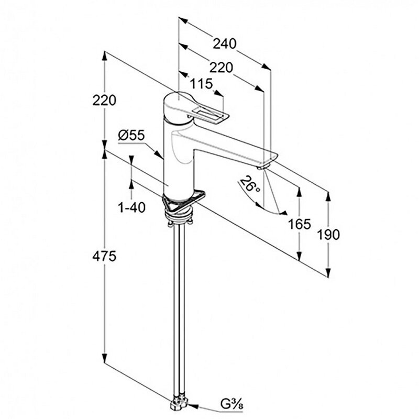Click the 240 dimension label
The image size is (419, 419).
[225, 44]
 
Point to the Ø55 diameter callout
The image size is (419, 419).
[131, 135]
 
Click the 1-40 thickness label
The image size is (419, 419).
[131, 208]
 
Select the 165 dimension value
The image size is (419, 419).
[299, 224]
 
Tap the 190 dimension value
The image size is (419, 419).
[328, 234]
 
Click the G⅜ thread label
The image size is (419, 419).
[229, 404]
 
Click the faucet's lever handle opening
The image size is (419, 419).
[208, 113]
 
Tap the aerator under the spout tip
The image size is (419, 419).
[263, 167]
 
